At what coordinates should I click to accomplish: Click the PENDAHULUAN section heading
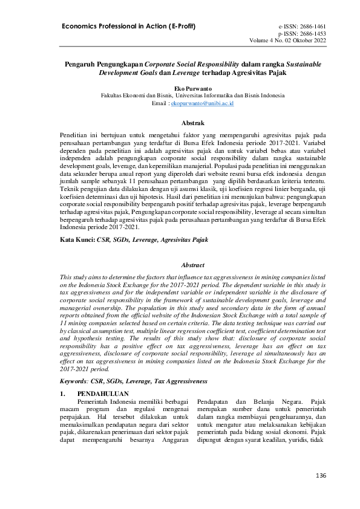105,393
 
